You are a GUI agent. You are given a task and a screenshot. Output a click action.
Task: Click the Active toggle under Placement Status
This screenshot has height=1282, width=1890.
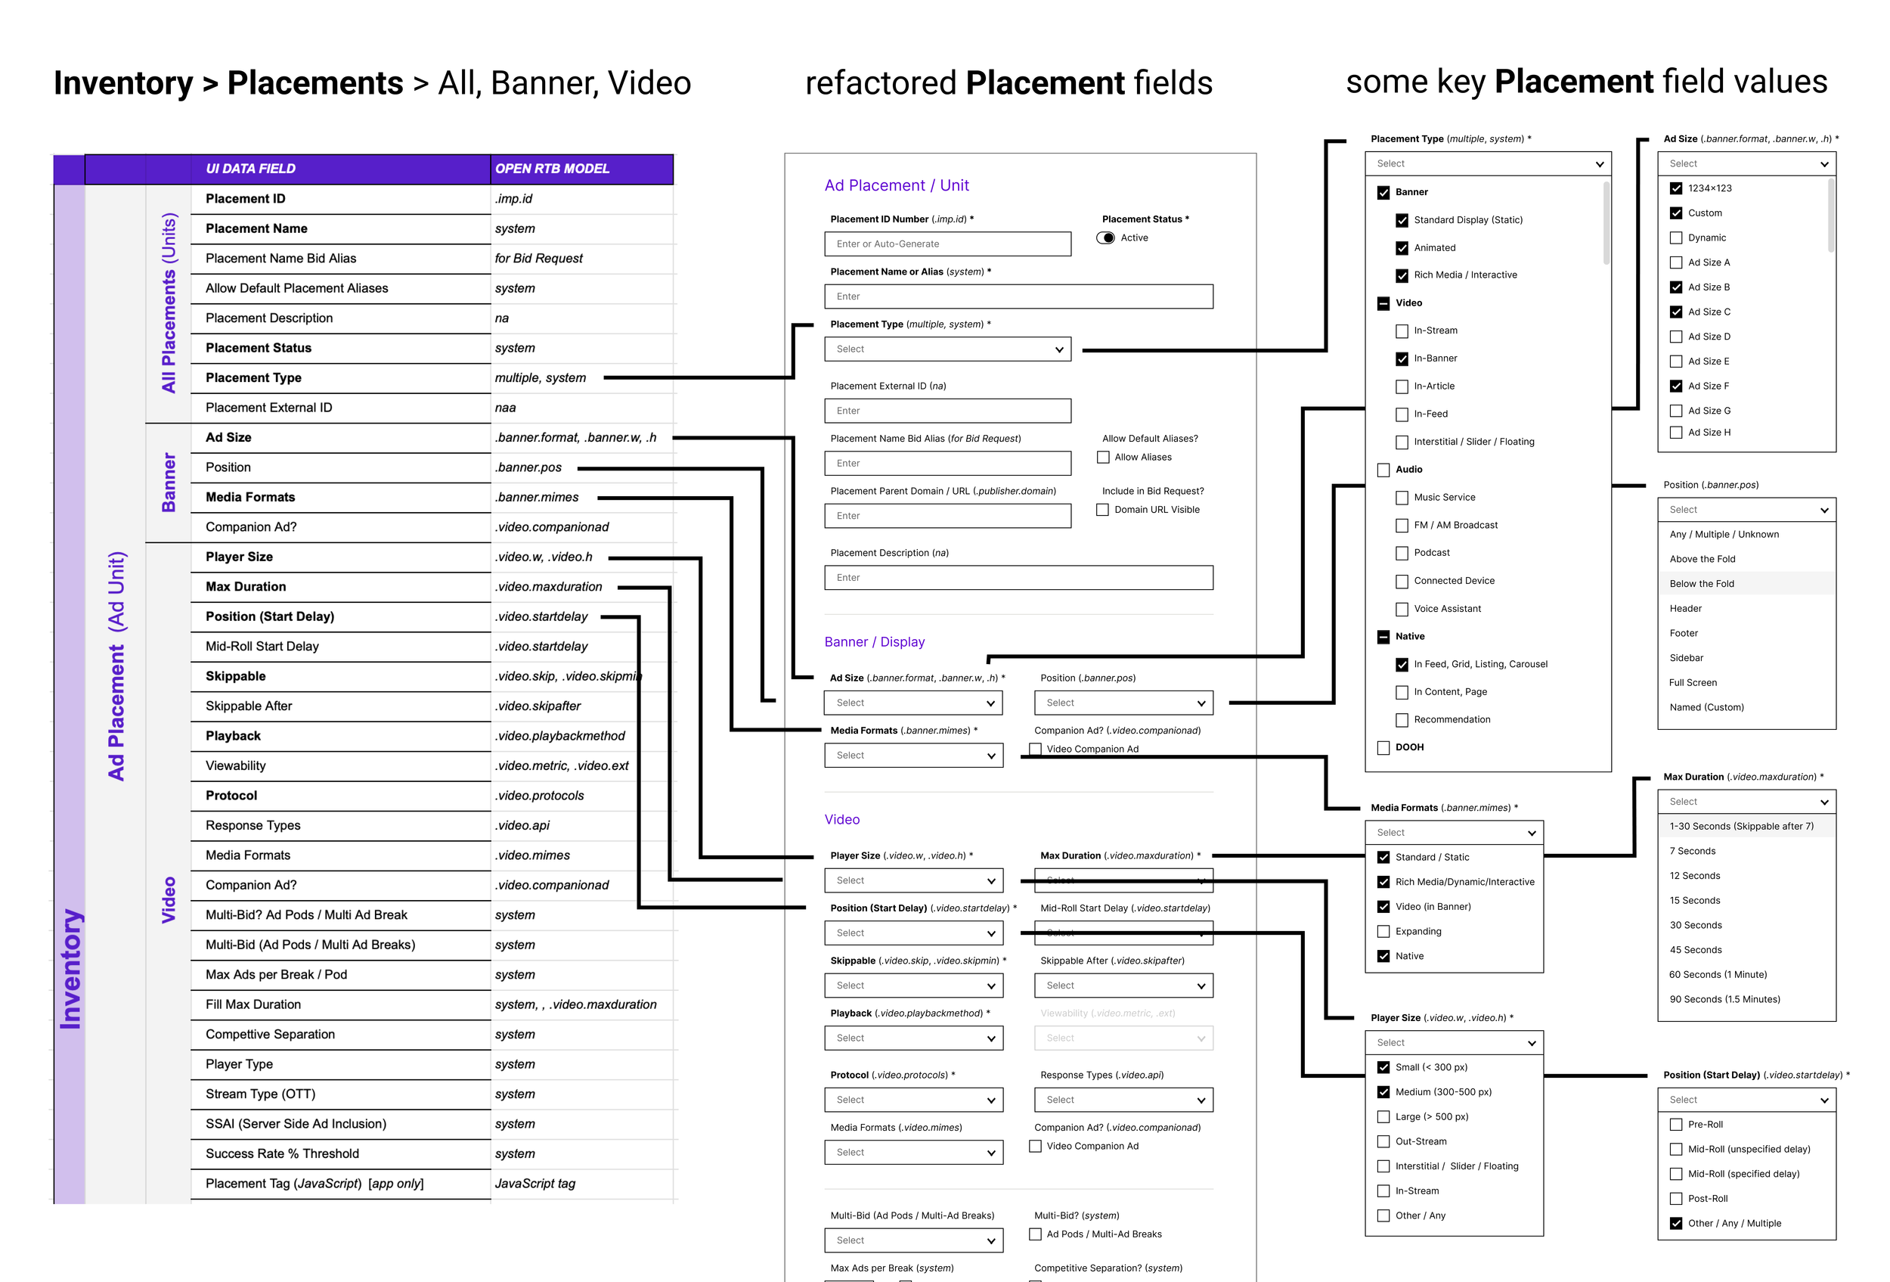coord(1105,237)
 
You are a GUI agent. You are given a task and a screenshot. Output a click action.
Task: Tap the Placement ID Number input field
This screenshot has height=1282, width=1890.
coord(947,244)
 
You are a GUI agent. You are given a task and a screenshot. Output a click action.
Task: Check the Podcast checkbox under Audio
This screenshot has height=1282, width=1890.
coord(1401,553)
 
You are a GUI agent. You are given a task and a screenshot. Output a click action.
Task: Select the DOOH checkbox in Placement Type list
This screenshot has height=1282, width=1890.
coord(1383,747)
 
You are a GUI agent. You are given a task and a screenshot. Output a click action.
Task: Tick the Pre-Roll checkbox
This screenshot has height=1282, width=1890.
coord(1675,1124)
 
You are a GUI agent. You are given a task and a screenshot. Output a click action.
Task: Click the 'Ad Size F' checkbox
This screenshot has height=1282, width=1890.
coord(1675,386)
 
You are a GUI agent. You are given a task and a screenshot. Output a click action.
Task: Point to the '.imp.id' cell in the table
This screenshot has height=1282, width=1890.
coord(514,198)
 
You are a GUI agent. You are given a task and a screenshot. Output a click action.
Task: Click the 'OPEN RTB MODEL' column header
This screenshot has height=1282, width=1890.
coord(552,169)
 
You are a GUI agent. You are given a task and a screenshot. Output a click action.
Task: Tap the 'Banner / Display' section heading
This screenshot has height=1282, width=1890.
coord(874,642)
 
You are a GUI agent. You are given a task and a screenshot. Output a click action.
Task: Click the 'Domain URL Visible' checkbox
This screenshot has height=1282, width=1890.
coord(1102,510)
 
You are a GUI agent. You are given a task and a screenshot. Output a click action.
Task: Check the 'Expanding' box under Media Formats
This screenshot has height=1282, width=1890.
coord(1383,931)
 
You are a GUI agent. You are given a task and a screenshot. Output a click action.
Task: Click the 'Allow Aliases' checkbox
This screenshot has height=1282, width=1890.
coord(1103,457)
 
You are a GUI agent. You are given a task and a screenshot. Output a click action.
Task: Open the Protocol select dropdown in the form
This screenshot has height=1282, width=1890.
coord(912,1100)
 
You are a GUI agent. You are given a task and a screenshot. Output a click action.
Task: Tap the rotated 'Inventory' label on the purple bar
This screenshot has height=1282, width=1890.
coord(70,968)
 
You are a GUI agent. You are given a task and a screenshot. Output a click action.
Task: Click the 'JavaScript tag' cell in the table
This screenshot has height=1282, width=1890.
coord(535,1184)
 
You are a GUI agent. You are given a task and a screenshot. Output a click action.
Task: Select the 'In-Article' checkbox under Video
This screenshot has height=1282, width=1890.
coord(1401,386)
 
